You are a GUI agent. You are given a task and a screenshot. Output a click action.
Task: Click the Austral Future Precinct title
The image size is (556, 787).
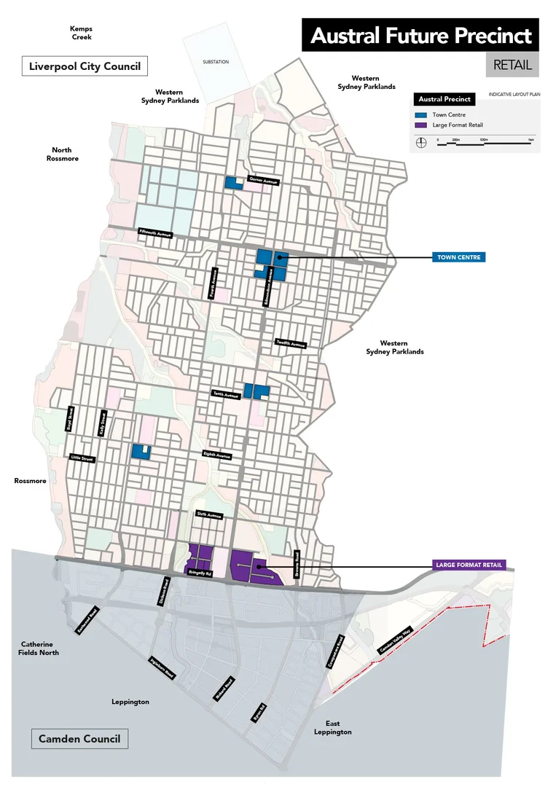pos(420,36)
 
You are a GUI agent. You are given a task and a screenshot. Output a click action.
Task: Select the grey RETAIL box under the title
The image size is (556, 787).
pos(512,65)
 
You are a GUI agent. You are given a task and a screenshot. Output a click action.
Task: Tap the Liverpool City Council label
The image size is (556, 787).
pos(85,66)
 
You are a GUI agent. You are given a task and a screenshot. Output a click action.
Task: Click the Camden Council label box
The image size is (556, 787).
pos(79,738)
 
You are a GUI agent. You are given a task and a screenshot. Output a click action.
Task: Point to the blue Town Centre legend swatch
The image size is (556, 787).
pos(420,115)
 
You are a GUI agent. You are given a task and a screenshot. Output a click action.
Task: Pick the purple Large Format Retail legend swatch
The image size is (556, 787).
pos(420,125)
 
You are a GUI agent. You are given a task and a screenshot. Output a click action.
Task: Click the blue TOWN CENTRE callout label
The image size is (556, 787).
pos(458,257)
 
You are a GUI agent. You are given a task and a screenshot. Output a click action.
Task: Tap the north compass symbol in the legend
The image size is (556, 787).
pos(420,143)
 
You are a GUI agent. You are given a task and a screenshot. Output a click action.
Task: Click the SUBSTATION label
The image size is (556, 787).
pos(216,62)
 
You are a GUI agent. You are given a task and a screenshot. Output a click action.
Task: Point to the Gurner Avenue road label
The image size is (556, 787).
pos(262,180)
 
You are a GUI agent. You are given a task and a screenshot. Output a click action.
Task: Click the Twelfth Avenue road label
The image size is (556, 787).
pos(291,343)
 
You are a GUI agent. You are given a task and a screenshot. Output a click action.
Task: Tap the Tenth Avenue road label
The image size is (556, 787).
pos(226,395)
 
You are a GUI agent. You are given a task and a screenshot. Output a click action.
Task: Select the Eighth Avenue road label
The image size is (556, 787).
pos(217,455)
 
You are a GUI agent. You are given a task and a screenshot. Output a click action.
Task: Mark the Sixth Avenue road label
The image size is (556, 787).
pos(209,514)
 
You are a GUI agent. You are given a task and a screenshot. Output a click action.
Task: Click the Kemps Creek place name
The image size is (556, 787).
pos(81,33)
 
